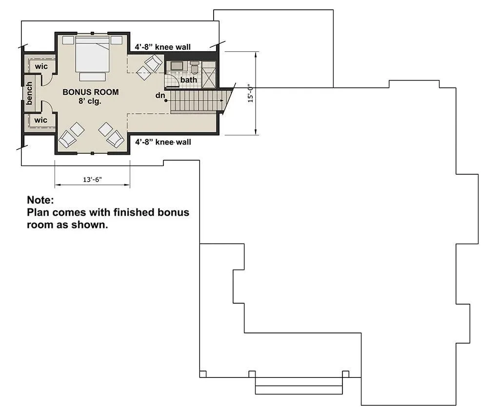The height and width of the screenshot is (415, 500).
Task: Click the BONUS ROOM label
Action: pyautogui.click(x=91, y=92)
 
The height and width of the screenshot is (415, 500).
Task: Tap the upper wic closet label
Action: pyautogui.click(x=41, y=66)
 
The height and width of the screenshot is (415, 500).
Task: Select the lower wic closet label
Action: pyautogui.click(x=40, y=120)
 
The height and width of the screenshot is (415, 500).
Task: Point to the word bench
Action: pyautogui.click(x=29, y=93)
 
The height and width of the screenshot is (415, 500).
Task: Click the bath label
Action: pyautogui.click(x=188, y=80)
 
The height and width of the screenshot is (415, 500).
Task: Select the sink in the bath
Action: pyautogui.click(x=177, y=66)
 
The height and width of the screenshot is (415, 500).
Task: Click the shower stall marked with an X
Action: pyautogui.click(x=209, y=74)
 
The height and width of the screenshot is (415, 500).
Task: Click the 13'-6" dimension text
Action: pyautogui.click(x=92, y=180)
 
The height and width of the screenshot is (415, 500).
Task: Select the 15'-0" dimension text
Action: pyautogui.click(x=251, y=93)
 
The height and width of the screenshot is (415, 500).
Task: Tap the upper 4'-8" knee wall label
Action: pyautogui.click(x=162, y=47)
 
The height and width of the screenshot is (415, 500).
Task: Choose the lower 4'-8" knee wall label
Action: pyautogui.click(x=163, y=142)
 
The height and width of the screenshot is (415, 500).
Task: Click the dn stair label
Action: pyautogui.click(x=160, y=95)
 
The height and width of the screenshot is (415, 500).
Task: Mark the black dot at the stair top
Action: pyautogui.click(x=166, y=101)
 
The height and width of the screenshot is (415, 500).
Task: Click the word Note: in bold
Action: pyautogui.click(x=40, y=200)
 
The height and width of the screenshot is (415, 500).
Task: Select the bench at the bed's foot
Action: pyautogui.click(x=93, y=77)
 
